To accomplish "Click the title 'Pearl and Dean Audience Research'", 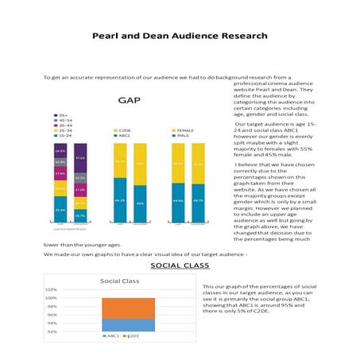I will [x=180, y=36].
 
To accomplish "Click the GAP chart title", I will [x=130, y=101].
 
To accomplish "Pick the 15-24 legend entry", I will [x=64, y=136].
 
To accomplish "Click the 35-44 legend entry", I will [x=64, y=126].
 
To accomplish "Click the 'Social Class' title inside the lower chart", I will [x=120, y=281].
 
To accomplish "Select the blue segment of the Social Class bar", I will [x=122, y=324].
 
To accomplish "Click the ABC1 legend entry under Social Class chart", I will [x=112, y=337].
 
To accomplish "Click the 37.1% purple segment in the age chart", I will [x=80, y=158].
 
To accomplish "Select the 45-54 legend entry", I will [x=64, y=120].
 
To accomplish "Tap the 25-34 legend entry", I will [x=64, y=130].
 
